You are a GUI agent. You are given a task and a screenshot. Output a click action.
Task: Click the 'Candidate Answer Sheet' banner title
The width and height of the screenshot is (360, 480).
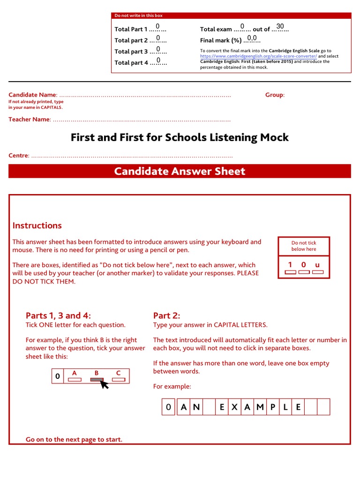(180, 171)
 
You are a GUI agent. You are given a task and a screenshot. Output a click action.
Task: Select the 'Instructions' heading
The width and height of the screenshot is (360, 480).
(37, 225)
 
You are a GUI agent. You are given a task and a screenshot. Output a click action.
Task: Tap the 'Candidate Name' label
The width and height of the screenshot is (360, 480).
(32, 95)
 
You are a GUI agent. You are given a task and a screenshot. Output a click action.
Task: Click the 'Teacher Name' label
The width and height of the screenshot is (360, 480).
(29, 119)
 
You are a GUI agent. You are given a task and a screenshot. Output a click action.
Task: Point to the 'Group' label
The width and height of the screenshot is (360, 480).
(274, 95)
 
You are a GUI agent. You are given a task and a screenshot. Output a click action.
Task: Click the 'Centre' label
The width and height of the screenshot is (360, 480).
(18, 155)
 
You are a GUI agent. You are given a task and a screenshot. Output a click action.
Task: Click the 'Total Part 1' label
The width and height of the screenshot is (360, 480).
(131, 29)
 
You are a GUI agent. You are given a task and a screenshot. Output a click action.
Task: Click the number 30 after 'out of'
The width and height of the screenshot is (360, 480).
(280, 26)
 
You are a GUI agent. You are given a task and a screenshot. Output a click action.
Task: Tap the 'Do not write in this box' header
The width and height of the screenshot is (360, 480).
(139, 15)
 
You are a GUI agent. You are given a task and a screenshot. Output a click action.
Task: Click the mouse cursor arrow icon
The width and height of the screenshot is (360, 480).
(105, 384)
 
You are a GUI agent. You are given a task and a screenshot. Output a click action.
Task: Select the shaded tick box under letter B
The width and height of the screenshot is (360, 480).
(97, 380)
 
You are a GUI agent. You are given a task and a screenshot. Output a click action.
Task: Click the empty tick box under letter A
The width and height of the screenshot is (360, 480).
(75, 380)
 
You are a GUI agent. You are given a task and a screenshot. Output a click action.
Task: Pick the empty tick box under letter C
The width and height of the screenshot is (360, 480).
(119, 380)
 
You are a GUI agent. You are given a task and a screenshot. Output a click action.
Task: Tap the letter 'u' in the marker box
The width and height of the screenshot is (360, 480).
(317, 265)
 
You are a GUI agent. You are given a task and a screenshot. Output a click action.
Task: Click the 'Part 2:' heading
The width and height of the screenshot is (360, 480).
(166, 315)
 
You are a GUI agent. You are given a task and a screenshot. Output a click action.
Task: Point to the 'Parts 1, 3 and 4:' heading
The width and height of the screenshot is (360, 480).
(58, 315)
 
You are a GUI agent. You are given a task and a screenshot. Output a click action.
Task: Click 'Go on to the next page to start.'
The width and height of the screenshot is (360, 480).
(74, 439)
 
